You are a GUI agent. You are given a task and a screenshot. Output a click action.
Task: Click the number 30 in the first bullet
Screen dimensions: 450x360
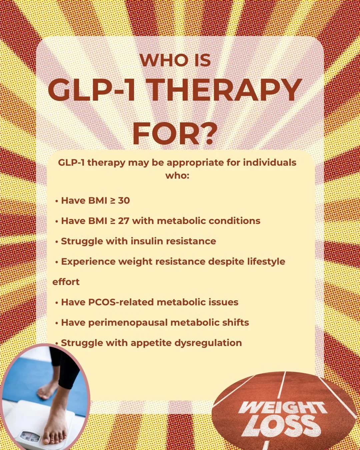click(x=124, y=200)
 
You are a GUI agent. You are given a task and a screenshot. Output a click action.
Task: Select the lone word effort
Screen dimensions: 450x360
click(x=66, y=282)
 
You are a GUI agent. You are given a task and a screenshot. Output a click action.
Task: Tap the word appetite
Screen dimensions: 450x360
click(x=149, y=343)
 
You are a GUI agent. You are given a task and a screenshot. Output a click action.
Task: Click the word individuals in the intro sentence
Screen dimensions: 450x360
click(x=269, y=163)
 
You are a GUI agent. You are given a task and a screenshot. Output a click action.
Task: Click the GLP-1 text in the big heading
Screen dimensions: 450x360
click(x=92, y=91)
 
